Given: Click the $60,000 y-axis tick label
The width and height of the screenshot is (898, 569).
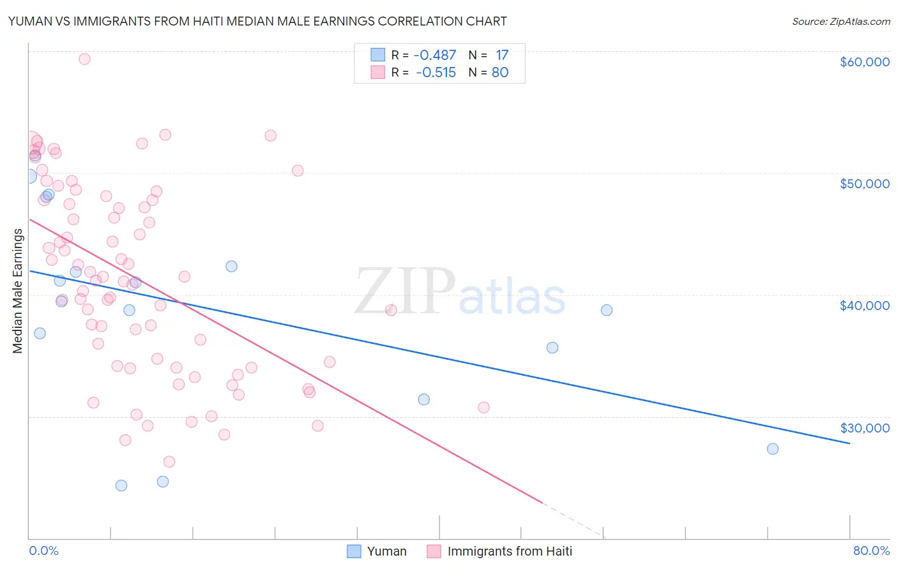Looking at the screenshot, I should (x=864, y=62).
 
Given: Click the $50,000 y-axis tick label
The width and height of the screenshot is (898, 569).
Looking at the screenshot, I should (x=864, y=184).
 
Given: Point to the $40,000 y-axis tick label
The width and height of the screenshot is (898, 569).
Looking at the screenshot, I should (x=864, y=306).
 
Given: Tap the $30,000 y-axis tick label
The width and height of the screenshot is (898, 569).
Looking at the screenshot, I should (x=864, y=427).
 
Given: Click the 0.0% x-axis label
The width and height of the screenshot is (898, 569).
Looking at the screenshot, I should (x=43, y=551).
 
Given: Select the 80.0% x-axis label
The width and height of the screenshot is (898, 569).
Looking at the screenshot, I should (x=871, y=551).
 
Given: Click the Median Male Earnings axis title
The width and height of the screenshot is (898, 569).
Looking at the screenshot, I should (x=17, y=291).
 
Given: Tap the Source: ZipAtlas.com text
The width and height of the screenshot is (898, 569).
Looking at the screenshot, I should (x=841, y=21).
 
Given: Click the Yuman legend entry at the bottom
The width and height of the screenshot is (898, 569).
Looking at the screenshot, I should (x=377, y=551).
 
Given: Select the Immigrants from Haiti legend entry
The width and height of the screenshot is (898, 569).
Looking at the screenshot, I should (x=499, y=551).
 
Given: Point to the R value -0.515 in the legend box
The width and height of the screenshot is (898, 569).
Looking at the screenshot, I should (x=436, y=73).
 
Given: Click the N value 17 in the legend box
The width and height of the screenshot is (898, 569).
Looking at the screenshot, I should (x=502, y=55).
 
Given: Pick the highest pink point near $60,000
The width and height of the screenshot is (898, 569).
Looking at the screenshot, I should (x=84, y=59).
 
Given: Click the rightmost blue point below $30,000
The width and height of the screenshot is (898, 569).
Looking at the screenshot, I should (x=772, y=448).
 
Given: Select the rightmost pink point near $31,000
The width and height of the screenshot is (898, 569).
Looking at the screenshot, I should (x=483, y=407).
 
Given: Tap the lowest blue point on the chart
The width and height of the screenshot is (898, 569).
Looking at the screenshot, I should (x=121, y=485).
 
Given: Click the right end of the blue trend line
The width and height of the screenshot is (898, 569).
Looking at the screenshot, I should (x=849, y=443).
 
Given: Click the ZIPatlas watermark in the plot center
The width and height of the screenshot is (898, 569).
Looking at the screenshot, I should (x=460, y=292).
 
